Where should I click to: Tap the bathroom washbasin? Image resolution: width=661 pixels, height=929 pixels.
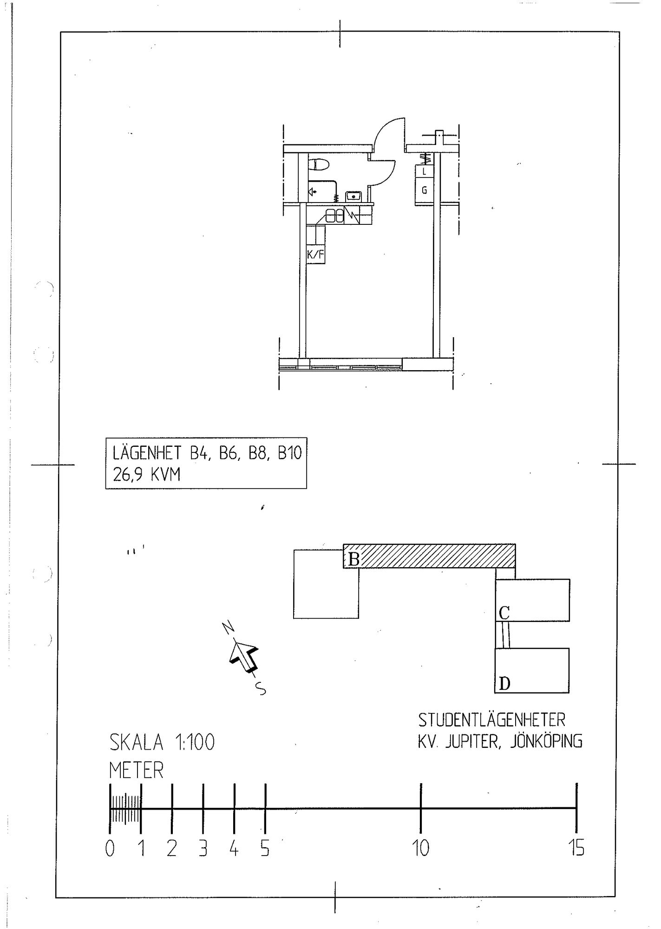(x=354, y=196)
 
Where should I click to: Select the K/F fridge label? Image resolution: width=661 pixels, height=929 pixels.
(x=315, y=255)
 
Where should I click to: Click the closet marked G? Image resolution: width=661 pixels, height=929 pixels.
(x=424, y=190)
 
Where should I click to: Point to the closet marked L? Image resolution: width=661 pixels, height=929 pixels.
(x=424, y=171)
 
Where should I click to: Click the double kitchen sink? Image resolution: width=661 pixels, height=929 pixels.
(x=334, y=215)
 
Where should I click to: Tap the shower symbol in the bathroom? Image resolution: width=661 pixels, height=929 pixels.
(x=314, y=191)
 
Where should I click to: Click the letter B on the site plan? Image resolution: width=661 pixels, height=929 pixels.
(x=353, y=559)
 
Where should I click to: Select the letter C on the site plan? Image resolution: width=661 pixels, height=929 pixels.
(x=504, y=613)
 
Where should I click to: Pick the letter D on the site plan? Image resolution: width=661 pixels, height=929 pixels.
(x=504, y=684)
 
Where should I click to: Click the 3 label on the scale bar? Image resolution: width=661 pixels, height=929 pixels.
(x=203, y=849)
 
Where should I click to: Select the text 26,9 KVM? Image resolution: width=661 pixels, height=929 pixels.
(x=146, y=475)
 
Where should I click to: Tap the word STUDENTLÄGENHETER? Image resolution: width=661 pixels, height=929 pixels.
(x=491, y=720)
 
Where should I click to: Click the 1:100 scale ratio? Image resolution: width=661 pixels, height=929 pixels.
(x=194, y=743)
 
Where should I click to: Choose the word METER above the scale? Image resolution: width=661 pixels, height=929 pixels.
(x=137, y=771)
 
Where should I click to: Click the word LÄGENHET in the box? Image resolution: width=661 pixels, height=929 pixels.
(x=148, y=452)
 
